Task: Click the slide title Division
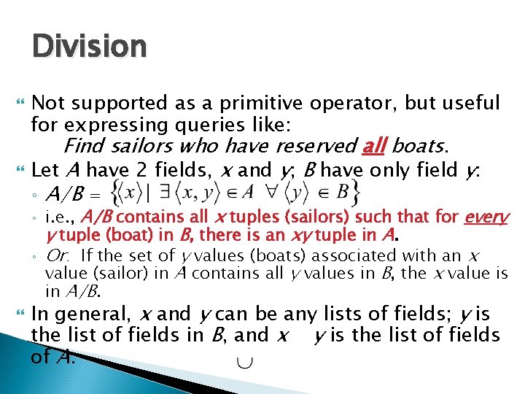click(x=89, y=46)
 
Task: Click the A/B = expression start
click(x=73, y=195)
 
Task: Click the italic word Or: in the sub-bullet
click(x=61, y=255)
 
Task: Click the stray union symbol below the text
click(x=240, y=363)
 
